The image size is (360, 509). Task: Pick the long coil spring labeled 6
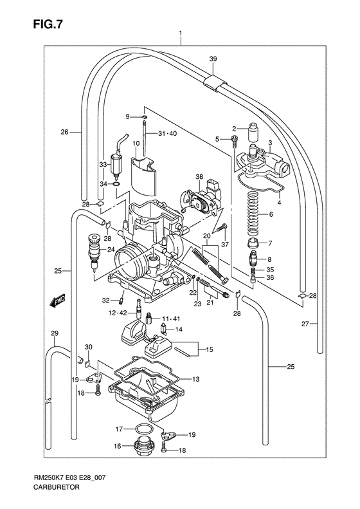[x=253, y=214]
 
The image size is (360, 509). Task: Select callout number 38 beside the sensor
[x=199, y=177]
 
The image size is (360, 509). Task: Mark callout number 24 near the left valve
[x=111, y=250]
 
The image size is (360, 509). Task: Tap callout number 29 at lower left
[x=55, y=332]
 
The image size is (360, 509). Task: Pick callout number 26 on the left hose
[x=64, y=133]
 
